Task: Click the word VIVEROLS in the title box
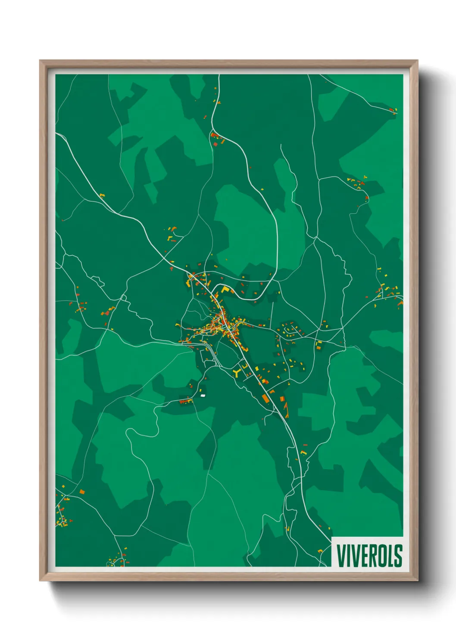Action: click(x=369, y=555)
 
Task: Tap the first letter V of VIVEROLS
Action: click(x=340, y=555)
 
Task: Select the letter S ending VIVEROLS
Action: click(x=398, y=555)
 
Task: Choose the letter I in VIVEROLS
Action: click(x=347, y=555)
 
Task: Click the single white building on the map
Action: click(x=203, y=395)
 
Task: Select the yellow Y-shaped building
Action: click(x=236, y=372)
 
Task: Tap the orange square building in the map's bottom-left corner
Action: click(x=82, y=492)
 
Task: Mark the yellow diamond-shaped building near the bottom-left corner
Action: click(x=62, y=486)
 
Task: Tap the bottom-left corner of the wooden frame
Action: click(x=41, y=581)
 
